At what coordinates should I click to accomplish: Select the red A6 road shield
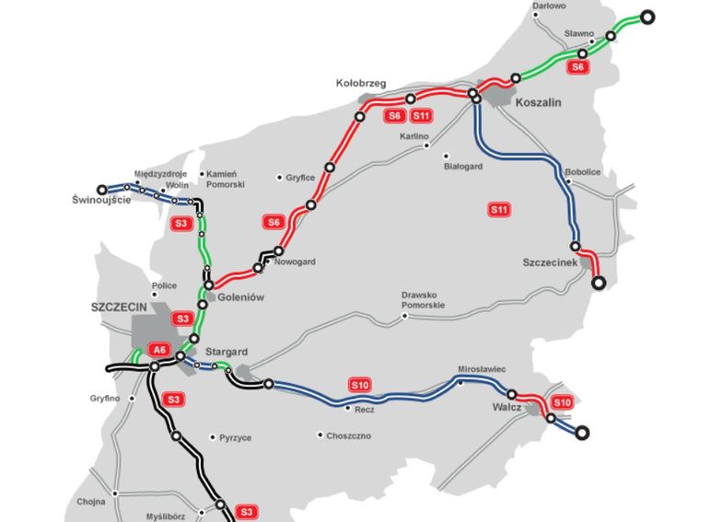click(160, 349)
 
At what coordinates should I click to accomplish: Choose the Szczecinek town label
click(550, 262)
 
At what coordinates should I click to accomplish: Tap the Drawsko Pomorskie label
click(423, 300)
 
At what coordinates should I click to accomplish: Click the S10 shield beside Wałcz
click(563, 402)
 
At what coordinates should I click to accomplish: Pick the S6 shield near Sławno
click(578, 67)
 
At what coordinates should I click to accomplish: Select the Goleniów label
click(242, 297)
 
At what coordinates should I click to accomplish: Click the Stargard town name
click(225, 351)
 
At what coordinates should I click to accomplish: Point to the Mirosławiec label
click(483, 369)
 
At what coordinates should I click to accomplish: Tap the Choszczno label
click(349, 435)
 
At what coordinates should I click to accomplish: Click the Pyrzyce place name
click(236, 438)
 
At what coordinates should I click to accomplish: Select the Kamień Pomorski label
click(225, 180)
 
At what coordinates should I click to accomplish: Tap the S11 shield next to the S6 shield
click(423, 116)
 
